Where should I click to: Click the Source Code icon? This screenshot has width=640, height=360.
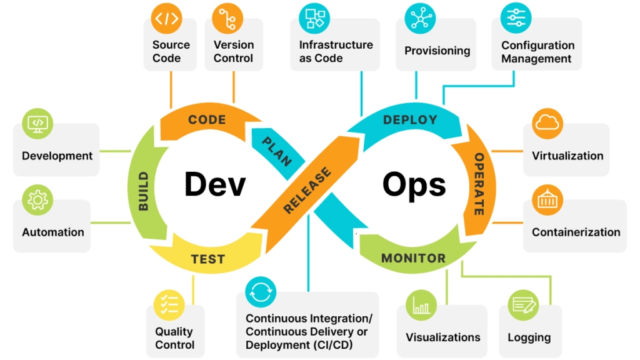tap(166, 19)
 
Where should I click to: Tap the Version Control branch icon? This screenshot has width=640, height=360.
tap(227, 19)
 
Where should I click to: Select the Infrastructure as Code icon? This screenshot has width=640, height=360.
tap(314, 17)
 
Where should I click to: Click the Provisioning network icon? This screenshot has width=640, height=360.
tap(419, 18)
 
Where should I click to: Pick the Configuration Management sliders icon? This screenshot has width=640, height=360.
tap(516, 17)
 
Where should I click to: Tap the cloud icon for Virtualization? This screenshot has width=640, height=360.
tap(547, 123)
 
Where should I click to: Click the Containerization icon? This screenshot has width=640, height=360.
tap(547, 199)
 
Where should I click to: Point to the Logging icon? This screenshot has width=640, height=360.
tap(523, 305)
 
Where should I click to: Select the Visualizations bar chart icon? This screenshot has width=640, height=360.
tap(421, 305)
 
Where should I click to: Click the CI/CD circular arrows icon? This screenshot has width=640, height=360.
tap(261, 292)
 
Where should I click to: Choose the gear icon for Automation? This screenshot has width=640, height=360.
tap(37, 200)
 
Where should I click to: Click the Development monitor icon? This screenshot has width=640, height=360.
tap(37, 123)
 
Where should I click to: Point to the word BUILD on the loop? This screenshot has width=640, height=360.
tap(144, 190)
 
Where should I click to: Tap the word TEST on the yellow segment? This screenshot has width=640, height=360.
tap(207, 259)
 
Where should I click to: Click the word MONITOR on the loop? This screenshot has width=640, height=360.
tap(413, 258)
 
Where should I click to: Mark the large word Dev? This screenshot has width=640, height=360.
tap(215, 185)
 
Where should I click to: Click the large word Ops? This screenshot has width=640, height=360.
tap(414, 185)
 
